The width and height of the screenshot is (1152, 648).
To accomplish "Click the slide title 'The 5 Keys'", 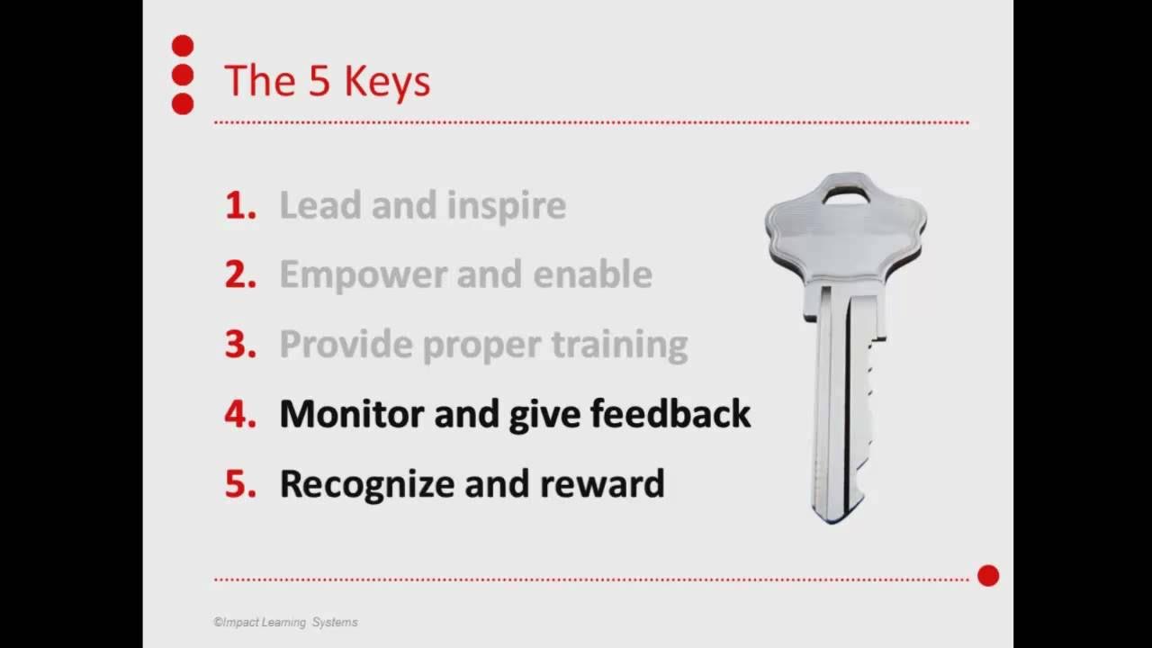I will pyautogui.click(x=327, y=81).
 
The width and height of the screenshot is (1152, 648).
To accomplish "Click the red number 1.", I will pyautogui.click(x=239, y=206).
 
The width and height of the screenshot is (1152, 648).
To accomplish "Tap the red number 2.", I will pyautogui.click(x=240, y=275).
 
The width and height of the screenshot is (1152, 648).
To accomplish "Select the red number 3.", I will pyautogui.click(x=240, y=345).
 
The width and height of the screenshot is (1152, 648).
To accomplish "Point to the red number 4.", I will pyautogui.click(x=240, y=414).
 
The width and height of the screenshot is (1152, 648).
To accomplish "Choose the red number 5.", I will pyautogui.click(x=240, y=483).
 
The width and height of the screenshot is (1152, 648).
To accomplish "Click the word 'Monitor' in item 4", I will pyautogui.click(x=352, y=414).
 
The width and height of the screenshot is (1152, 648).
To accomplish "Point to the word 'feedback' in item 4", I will pyautogui.click(x=670, y=414).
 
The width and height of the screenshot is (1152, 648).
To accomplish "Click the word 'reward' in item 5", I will pyautogui.click(x=602, y=484).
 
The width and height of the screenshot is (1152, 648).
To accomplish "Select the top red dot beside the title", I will pyautogui.click(x=183, y=46).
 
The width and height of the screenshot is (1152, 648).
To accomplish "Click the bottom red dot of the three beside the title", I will pyautogui.click(x=183, y=103).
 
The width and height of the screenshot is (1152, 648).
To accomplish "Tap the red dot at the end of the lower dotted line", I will pyautogui.click(x=988, y=576).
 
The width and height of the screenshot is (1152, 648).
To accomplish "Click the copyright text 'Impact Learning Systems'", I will pyautogui.click(x=286, y=622).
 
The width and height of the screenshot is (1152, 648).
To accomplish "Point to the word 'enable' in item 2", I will pyautogui.click(x=592, y=275).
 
